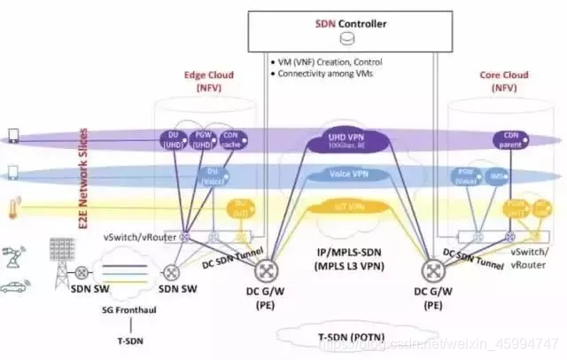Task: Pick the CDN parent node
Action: [504, 139]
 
